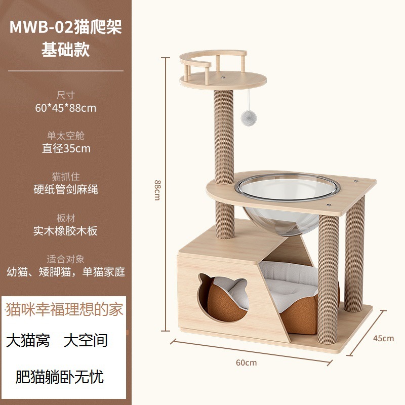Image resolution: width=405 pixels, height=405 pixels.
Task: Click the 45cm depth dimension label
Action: pyautogui.click(x=383, y=338)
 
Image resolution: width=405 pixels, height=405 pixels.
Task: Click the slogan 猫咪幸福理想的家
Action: pyautogui.click(x=64, y=309)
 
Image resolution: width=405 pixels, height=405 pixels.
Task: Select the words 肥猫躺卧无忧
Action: pyautogui.click(x=60, y=377)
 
